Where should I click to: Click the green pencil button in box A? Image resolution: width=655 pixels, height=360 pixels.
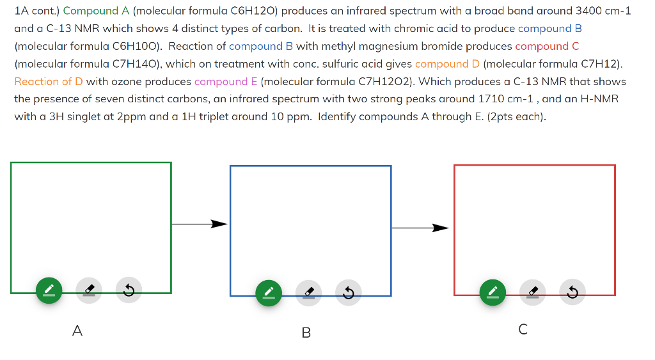[x=49, y=291]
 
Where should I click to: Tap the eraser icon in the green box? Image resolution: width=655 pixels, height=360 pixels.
[x=89, y=291]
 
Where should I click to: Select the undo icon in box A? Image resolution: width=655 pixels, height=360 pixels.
[x=129, y=291]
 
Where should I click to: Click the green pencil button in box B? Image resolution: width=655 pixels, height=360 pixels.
[x=269, y=293]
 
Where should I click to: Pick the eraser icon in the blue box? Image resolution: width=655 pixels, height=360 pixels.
[x=308, y=293]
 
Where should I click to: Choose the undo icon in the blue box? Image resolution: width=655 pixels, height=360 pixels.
[x=348, y=293]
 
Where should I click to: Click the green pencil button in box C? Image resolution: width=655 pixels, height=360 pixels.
[x=493, y=292]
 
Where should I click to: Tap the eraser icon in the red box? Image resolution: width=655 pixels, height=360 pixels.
[x=532, y=292]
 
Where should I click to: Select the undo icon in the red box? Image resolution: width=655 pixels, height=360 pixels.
[x=572, y=292]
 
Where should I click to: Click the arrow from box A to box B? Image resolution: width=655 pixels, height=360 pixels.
[x=200, y=224]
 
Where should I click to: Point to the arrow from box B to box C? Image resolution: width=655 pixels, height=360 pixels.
[x=420, y=228]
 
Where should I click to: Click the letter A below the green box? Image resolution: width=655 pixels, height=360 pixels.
[x=77, y=331]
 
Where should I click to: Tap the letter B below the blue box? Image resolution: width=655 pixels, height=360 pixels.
[x=306, y=333]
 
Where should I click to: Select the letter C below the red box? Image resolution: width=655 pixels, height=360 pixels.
[x=523, y=329]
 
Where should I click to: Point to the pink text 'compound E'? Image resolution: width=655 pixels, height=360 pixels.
[x=226, y=81]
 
